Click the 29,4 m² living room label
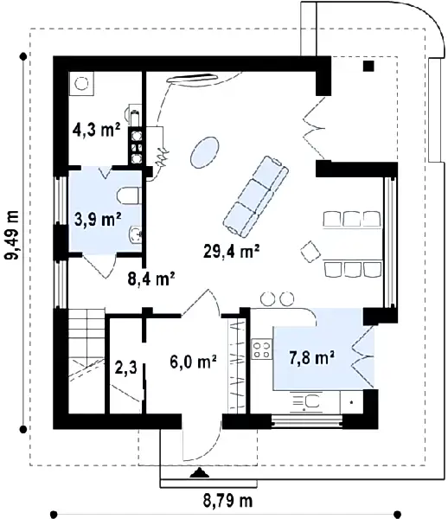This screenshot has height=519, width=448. (231, 251)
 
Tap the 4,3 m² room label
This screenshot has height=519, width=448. (96, 130)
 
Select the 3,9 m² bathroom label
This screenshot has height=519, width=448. (98, 219)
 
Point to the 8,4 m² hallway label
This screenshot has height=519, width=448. (151, 279)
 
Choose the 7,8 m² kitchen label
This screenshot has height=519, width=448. (311, 357)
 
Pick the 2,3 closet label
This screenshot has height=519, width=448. (125, 368)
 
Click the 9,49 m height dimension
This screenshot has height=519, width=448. (13, 234)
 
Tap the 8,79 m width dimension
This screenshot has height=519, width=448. (227, 501)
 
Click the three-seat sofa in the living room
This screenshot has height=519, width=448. (256, 197)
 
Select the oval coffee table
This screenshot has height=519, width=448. (204, 152)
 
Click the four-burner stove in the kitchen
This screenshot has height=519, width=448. (262, 349)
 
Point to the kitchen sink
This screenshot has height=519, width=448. (307, 402)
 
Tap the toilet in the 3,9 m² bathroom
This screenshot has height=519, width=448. (130, 195)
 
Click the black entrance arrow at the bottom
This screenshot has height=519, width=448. (200, 473)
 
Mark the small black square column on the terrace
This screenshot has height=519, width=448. (368, 67)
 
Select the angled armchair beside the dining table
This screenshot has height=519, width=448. (310, 251)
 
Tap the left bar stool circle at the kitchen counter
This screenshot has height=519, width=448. (267, 298)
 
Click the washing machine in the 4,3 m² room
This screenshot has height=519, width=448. (81, 84)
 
